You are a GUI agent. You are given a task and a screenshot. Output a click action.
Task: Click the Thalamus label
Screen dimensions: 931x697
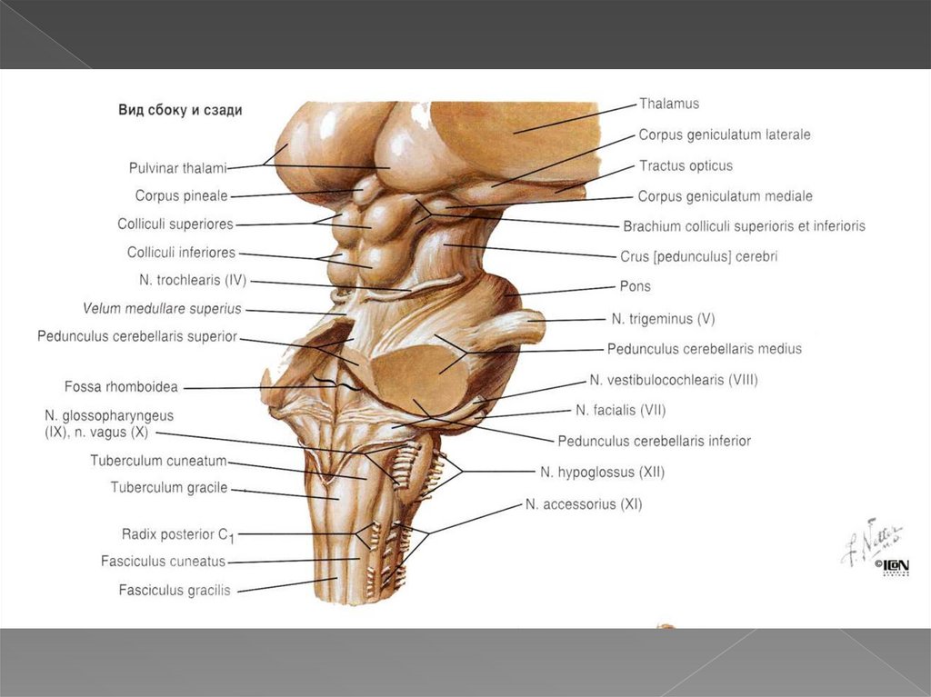tap(668, 104)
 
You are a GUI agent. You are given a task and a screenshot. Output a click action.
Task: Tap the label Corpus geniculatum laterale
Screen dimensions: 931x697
tap(724, 134)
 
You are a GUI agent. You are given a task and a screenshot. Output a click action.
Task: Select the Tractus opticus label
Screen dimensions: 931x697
tap(685, 165)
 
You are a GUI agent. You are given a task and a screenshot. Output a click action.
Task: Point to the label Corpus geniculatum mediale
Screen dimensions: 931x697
tap(725, 196)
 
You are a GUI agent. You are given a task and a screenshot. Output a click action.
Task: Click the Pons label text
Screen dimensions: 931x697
tap(635, 286)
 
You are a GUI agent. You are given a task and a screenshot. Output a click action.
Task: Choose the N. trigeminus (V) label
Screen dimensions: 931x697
tap(663, 319)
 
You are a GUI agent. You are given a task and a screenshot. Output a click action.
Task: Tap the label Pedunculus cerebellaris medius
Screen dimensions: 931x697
tap(705, 348)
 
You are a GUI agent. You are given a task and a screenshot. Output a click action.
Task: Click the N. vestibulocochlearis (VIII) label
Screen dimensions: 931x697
tap(673, 380)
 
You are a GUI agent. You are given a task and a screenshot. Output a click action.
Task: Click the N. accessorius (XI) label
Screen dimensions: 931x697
tap(584, 503)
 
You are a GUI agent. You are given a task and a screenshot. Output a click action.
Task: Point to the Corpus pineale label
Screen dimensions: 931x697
tap(181, 195)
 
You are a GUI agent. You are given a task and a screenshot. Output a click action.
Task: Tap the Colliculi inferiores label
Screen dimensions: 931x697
tap(181, 253)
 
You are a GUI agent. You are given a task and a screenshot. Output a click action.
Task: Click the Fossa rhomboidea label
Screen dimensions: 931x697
tap(121, 387)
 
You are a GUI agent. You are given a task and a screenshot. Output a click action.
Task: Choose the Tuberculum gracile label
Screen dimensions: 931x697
tap(169, 488)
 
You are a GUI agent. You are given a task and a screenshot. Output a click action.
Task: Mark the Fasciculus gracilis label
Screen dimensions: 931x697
tap(175, 590)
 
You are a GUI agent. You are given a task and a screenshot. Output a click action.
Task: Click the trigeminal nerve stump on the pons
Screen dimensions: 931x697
tap(523, 325)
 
